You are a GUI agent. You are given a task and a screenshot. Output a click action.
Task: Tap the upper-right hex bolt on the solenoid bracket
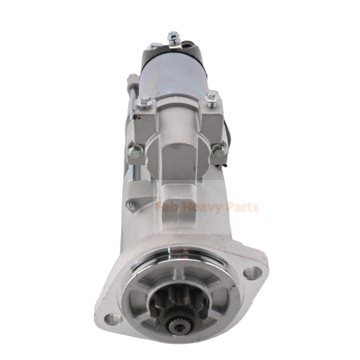tap(212, 96)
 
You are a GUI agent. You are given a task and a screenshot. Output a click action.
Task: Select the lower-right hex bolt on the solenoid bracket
tap(219, 150)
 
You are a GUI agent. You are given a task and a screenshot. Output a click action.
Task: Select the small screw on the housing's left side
tap(131, 207)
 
